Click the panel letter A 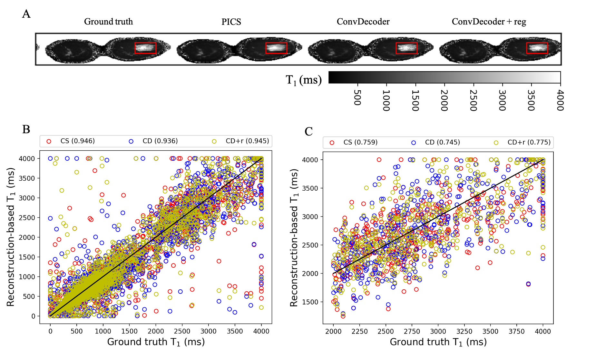pyautogui.click(x=26, y=14)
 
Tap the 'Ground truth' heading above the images pyautogui.click(x=108, y=22)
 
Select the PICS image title pyautogui.click(x=231, y=22)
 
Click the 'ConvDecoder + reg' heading pyautogui.click(x=489, y=22)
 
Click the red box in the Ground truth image pyautogui.click(x=145, y=48)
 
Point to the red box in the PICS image pyautogui.click(x=276, y=48)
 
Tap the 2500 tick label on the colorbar pyautogui.click(x=473, y=100)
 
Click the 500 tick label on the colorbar pyautogui.click(x=357, y=97)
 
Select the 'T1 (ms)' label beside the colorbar pyautogui.click(x=304, y=80)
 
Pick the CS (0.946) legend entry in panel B pyautogui.click(x=77, y=141)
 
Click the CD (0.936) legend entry pyautogui.click(x=160, y=141)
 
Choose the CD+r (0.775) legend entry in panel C pyautogui.click(x=529, y=142)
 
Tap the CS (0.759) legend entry pyautogui.click(x=360, y=142)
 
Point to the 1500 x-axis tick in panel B pyautogui.click(x=129, y=331)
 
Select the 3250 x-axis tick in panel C pyautogui.click(x=464, y=331)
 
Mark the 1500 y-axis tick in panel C pyautogui.click(x=309, y=302)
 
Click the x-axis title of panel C pyautogui.click(x=438, y=342)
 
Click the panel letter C pyautogui.click(x=308, y=131)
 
